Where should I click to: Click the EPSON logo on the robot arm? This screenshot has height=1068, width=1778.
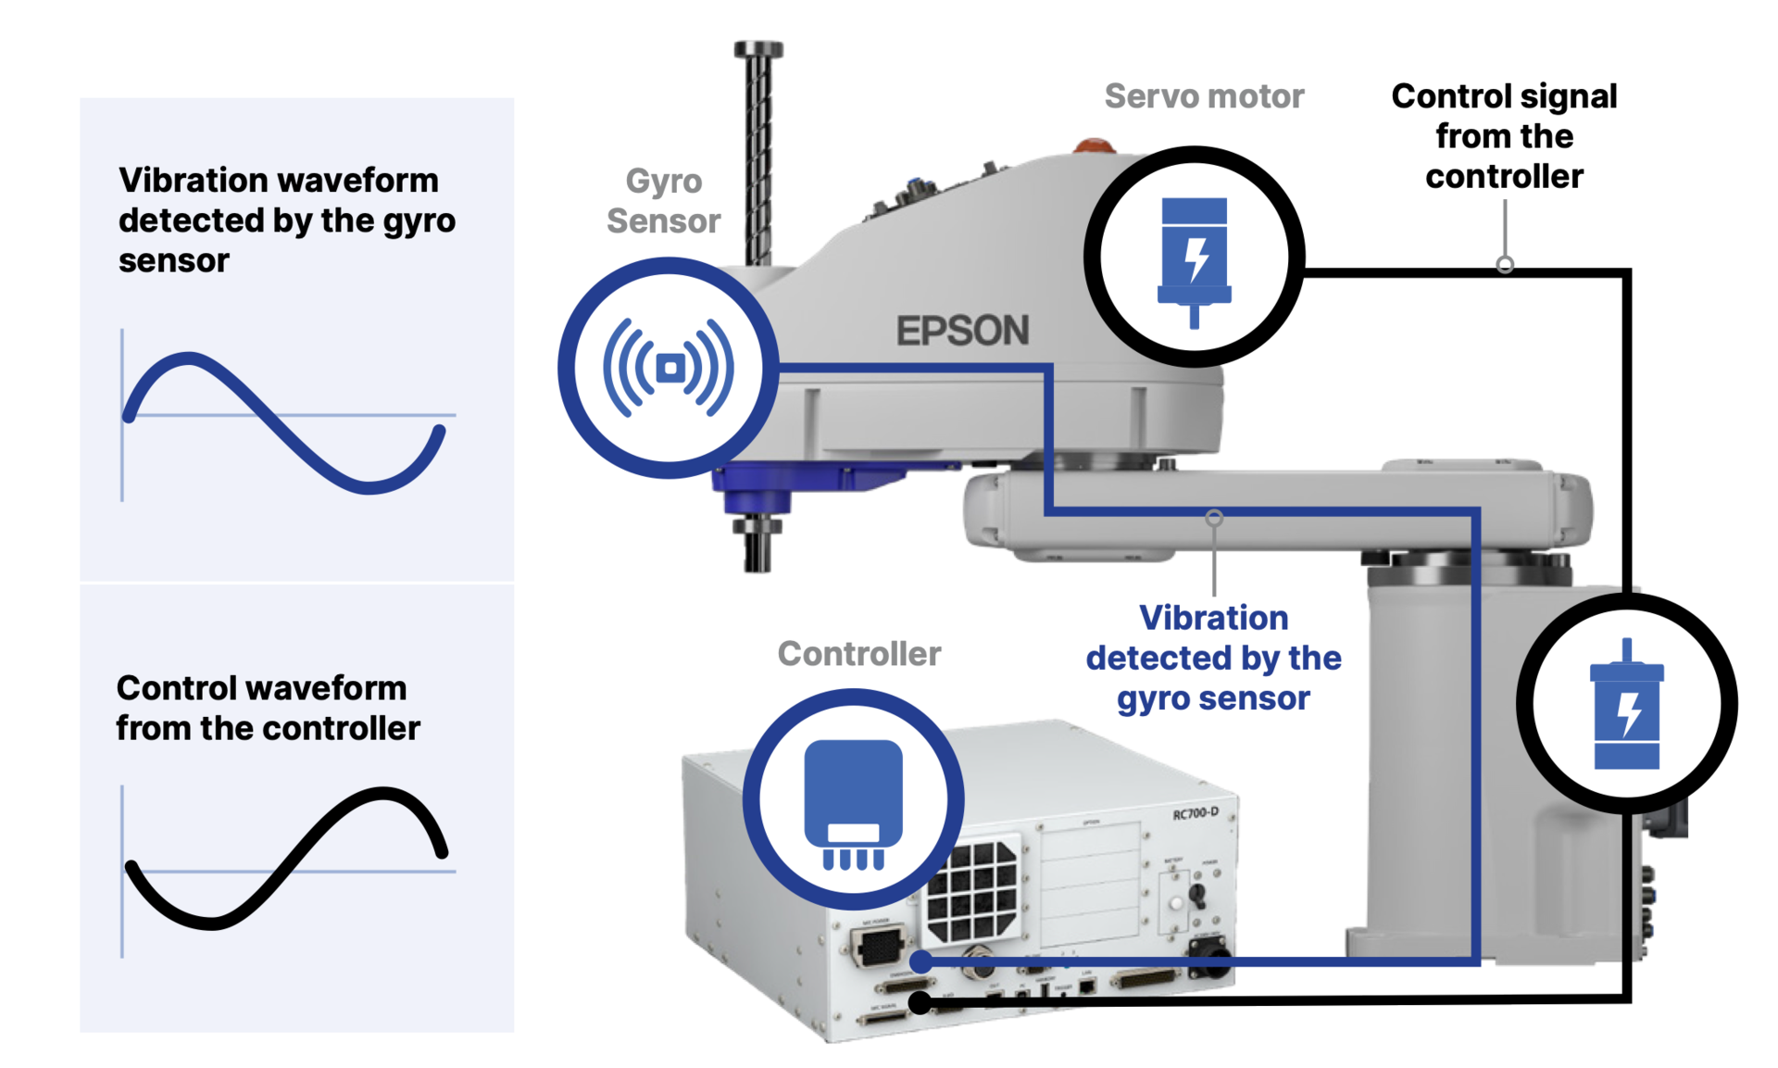click(x=962, y=331)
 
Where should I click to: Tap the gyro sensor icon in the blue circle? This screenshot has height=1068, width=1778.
click(x=669, y=368)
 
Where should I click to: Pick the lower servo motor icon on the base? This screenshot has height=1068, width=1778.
click(x=1626, y=706)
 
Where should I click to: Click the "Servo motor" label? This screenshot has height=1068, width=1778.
click(x=1204, y=96)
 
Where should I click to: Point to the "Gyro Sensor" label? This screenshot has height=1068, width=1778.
click(x=663, y=201)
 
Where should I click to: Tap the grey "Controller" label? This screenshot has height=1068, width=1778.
click(x=858, y=654)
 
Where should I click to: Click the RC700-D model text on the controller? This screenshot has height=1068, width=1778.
click(x=1195, y=813)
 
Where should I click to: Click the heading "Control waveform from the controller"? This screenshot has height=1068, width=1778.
click(x=268, y=709)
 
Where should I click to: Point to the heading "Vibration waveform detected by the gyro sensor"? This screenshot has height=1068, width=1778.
click(x=287, y=220)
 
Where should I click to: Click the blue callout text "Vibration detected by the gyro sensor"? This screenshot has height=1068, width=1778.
click(x=1213, y=658)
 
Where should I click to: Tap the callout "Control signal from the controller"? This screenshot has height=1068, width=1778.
click(x=1504, y=136)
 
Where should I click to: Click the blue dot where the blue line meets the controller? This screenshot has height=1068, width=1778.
click(x=920, y=961)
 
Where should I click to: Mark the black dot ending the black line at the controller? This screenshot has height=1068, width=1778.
click(x=920, y=1001)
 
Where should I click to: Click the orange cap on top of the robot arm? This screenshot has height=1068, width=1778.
click(x=1094, y=145)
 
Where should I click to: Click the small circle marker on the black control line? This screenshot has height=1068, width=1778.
click(x=1505, y=265)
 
